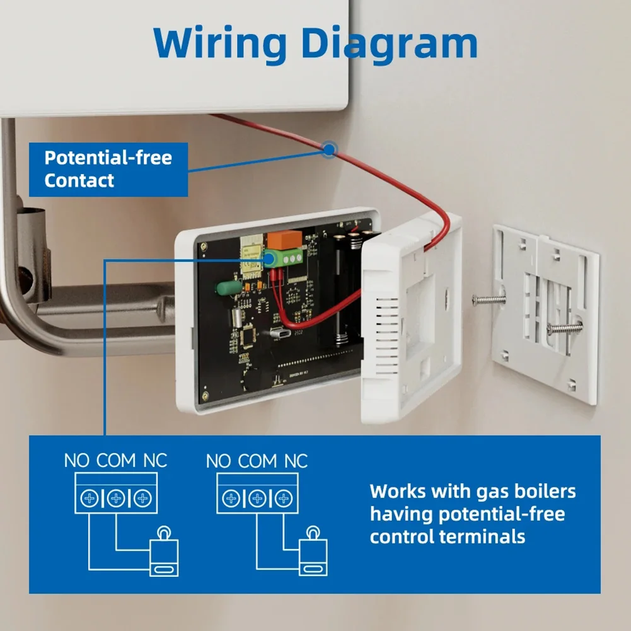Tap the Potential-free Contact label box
[x=108, y=169]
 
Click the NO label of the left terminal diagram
[x=77, y=460]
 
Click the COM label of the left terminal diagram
[x=116, y=460]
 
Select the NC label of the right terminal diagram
[x=296, y=461]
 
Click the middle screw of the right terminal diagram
[x=257, y=500]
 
